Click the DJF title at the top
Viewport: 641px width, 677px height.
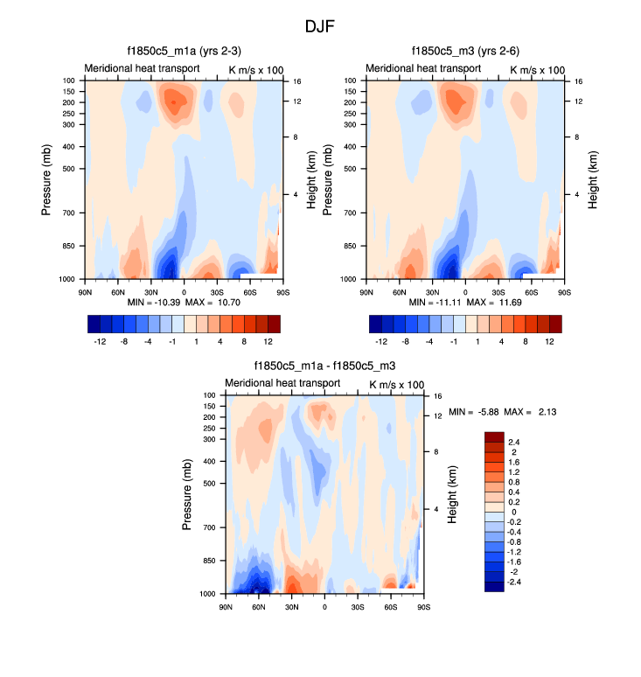[320, 26]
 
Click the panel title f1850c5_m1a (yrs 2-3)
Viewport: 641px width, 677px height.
[183, 51]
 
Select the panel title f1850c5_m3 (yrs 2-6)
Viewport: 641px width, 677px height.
[464, 51]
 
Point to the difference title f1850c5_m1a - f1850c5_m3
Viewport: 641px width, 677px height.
[324, 366]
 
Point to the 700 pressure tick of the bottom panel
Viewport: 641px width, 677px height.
[209, 528]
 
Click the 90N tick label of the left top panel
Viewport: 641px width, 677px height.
[86, 291]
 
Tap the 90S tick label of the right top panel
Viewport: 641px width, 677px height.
[564, 291]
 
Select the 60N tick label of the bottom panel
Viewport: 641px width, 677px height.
[259, 606]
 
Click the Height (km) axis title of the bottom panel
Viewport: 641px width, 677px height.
[453, 494]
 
